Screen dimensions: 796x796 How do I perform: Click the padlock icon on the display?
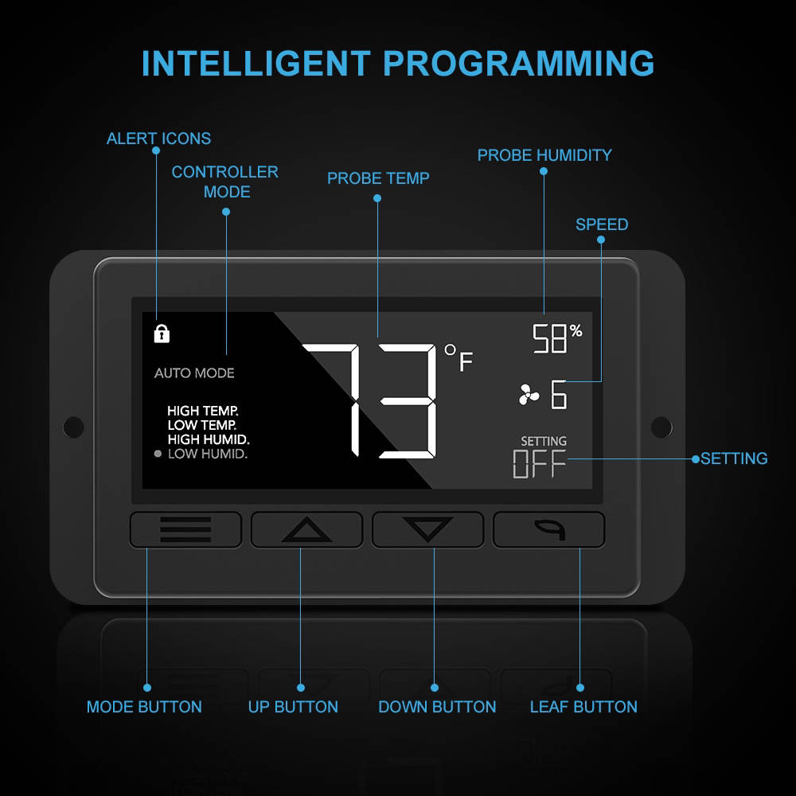tap(162, 334)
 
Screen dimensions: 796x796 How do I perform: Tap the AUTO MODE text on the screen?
tap(194, 373)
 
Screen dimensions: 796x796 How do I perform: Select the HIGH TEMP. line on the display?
tap(202, 411)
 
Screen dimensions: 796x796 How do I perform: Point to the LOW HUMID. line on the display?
tap(208, 454)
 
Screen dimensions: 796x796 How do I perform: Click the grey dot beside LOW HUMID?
tap(158, 454)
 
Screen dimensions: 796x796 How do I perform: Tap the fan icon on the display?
tap(529, 395)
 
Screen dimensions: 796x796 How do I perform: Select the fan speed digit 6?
tap(559, 395)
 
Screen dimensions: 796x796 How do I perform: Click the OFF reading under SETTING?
tap(539, 464)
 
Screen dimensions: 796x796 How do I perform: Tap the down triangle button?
tap(427, 529)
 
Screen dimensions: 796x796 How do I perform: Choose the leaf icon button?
tap(548, 529)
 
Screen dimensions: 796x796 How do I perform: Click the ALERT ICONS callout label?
tap(158, 139)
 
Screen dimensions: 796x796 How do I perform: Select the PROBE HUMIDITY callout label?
tap(544, 155)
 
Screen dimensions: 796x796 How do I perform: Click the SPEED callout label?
tap(602, 224)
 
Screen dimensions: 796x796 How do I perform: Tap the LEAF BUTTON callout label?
tap(583, 707)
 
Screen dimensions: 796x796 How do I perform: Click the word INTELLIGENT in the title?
tap(256, 64)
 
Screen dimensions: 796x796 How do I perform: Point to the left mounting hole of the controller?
tap(73, 427)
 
